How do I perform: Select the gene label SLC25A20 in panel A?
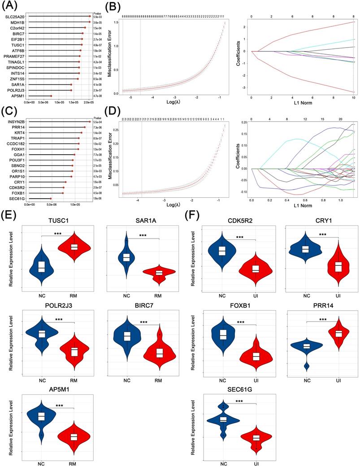pyautogui.click(x=15, y=17)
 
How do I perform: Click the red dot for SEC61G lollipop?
pyautogui.click(x=51, y=198)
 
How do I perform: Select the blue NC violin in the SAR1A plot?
pyautogui.click(x=126, y=256)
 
